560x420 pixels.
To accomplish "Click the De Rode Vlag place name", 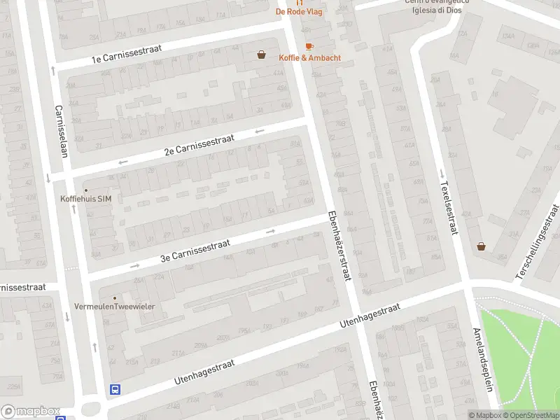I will pyautogui.click(x=299, y=12).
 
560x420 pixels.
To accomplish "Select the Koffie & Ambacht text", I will pyautogui.click(x=309, y=58).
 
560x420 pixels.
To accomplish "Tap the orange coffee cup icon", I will pyautogui.click(x=309, y=46).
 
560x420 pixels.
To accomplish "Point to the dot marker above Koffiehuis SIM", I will pyautogui.click(x=86, y=190).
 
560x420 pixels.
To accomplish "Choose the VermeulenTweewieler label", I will pyautogui.click(x=115, y=307).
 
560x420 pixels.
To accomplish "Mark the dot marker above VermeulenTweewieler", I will pyautogui.click(x=115, y=298).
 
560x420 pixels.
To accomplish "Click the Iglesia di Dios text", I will pyautogui.click(x=437, y=10).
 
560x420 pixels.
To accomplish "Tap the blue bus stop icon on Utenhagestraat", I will pyautogui.click(x=115, y=390).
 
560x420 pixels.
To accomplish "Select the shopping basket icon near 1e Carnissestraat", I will pyautogui.click(x=261, y=54).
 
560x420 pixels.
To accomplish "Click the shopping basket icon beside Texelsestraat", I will pyautogui.click(x=481, y=246).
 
